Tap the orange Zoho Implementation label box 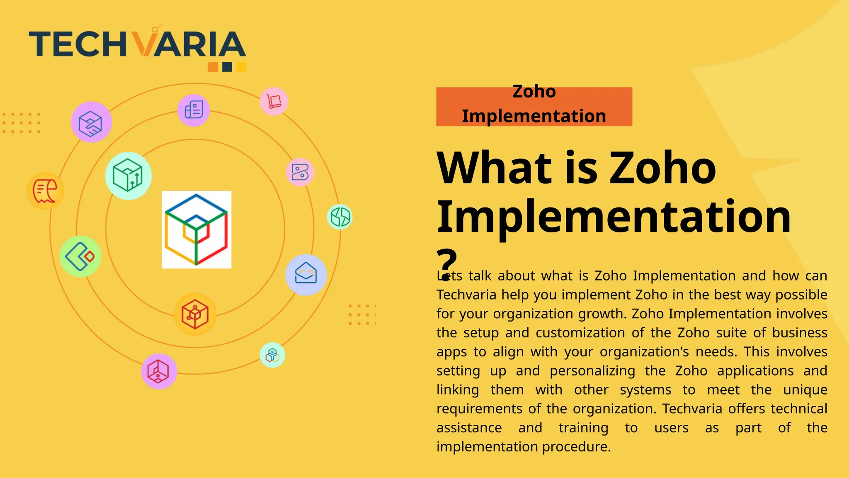(534, 106)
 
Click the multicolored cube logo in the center (196, 229)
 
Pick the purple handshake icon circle (91, 122)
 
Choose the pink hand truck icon (274, 101)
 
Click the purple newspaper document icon (194, 110)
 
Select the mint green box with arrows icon (129, 176)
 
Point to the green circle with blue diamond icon (80, 256)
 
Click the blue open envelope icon (306, 275)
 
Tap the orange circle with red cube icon (195, 314)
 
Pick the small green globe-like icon (340, 217)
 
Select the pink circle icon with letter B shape (300, 172)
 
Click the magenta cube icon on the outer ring (159, 371)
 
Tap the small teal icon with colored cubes (272, 355)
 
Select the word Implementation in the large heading (614, 217)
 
